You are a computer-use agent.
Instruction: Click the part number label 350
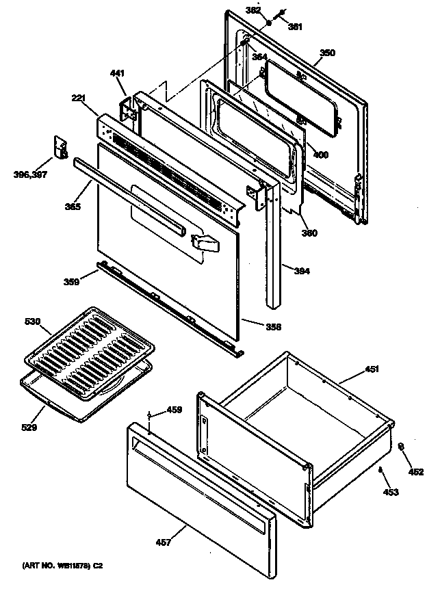point(328,53)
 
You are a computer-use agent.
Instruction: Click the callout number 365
point(73,207)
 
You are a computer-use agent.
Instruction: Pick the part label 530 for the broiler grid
point(34,321)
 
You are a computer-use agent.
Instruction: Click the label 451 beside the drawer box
point(372,370)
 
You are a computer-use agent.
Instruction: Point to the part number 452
point(416,471)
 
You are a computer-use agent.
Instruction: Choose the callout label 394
point(302,271)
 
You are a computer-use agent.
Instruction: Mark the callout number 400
point(320,155)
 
